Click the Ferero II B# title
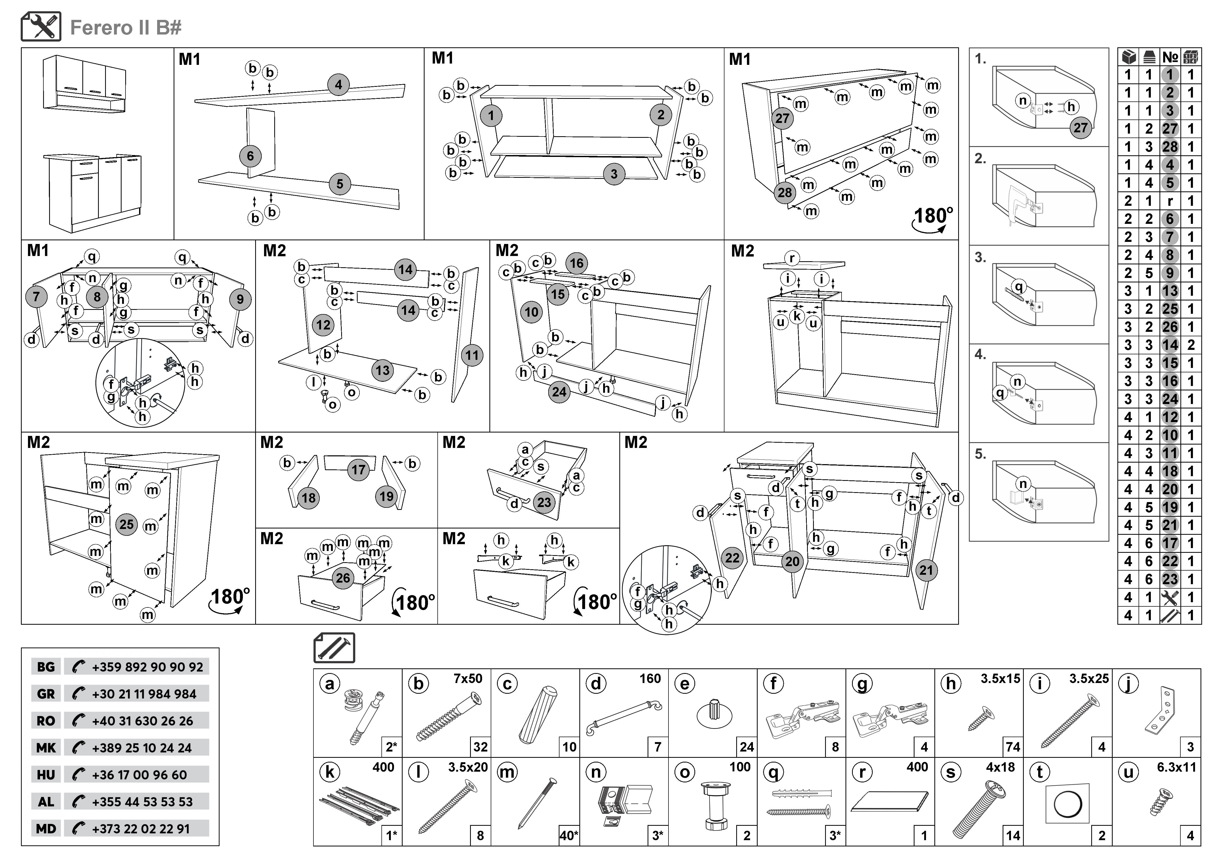(126, 28)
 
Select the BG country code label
(46, 667)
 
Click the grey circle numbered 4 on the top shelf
(338, 85)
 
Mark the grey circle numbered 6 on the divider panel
(250, 156)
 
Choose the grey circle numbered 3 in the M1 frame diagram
(614, 174)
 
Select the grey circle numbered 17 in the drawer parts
(358, 470)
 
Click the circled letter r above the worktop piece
(792, 258)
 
